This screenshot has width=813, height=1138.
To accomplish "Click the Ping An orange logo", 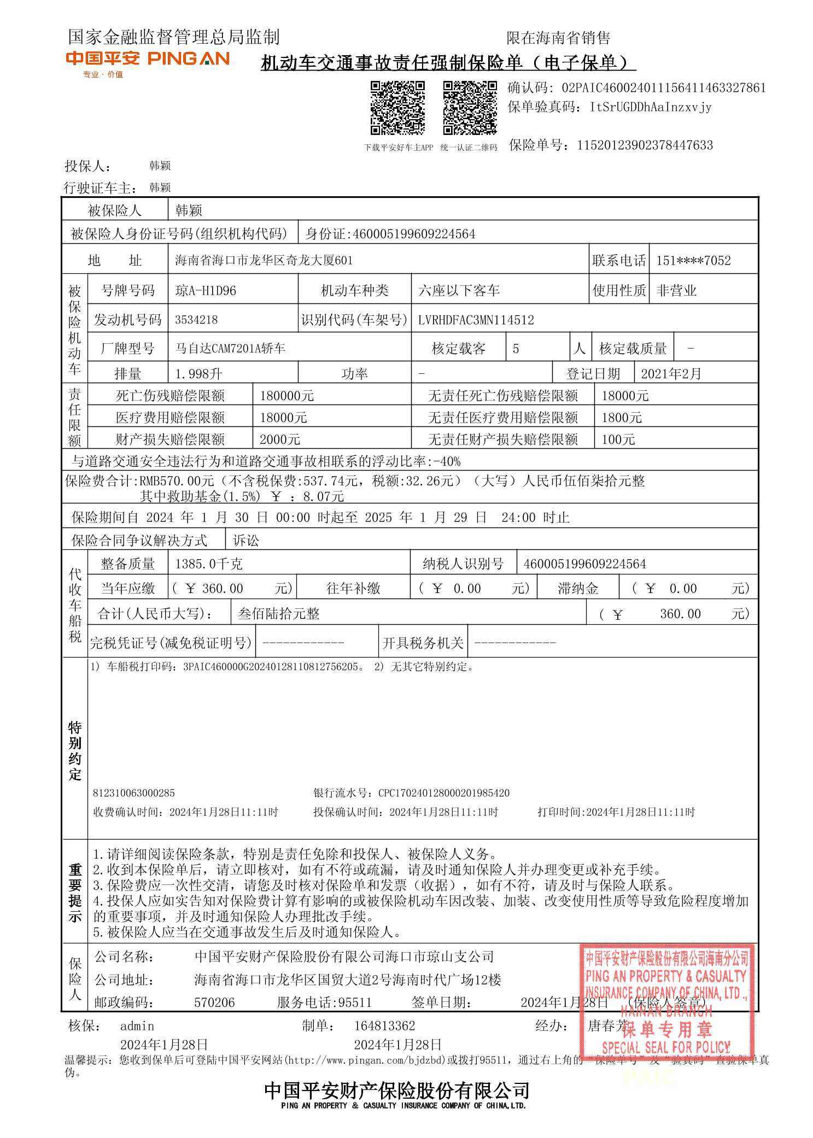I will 147,59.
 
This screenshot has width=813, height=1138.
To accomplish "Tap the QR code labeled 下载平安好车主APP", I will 397,107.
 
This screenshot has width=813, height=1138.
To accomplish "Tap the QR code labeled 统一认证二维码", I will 469,107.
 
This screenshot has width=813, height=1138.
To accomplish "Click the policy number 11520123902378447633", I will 645,145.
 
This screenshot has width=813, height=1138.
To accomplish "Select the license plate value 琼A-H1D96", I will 206,291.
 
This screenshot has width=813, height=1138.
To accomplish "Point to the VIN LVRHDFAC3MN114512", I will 475,320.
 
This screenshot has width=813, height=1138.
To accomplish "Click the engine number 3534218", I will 197,320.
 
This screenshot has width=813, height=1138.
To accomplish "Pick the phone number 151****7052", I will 693,261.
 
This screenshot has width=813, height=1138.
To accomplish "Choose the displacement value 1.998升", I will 198,374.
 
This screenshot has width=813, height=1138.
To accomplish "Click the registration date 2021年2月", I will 670,374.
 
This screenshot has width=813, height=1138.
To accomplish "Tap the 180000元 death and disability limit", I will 286,396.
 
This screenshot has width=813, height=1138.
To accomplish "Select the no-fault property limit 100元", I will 618,439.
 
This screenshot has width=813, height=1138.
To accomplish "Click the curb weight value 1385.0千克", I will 208,564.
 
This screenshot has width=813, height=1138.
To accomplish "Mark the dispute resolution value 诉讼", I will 246,541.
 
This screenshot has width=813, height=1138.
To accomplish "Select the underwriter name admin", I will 137,1026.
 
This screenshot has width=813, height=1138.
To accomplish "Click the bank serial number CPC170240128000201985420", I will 443,793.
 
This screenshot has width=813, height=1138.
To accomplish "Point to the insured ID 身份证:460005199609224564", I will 390,234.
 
